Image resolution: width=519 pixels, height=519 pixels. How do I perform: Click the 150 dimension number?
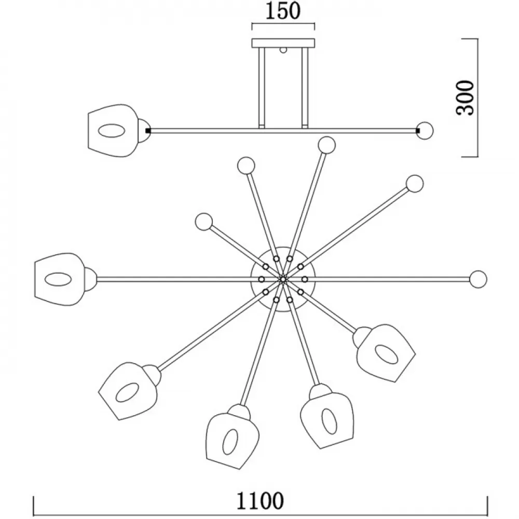pyautogui.click(x=283, y=11)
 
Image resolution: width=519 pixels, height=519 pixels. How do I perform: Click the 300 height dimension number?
pyautogui.click(x=466, y=98)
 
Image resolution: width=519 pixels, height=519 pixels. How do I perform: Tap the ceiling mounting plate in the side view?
pyautogui.click(x=283, y=43)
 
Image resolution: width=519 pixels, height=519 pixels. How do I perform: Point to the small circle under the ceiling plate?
pyautogui.click(x=283, y=50)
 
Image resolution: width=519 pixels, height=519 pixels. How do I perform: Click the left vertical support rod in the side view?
pyautogui.click(x=262, y=87)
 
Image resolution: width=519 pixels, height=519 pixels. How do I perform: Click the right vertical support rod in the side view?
pyautogui.click(x=305, y=87)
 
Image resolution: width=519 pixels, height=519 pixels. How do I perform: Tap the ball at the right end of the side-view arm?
pyautogui.click(x=425, y=131)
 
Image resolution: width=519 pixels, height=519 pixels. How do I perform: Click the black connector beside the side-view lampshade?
pyautogui.click(x=148, y=131)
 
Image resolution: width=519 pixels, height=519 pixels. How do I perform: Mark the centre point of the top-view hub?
pyautogui.click(x=283, y=279)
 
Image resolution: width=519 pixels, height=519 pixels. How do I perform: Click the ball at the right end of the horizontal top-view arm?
pyautogui.click(x=479, y=279)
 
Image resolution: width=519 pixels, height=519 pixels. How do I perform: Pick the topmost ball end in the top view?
pyautogui.click(x=326, y=145)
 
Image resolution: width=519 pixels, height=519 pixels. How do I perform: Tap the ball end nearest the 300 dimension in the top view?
pyautogui.click(x=415, y=183)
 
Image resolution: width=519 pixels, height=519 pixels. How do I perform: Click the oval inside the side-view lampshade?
pyautogui.click(x=112, y=130)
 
